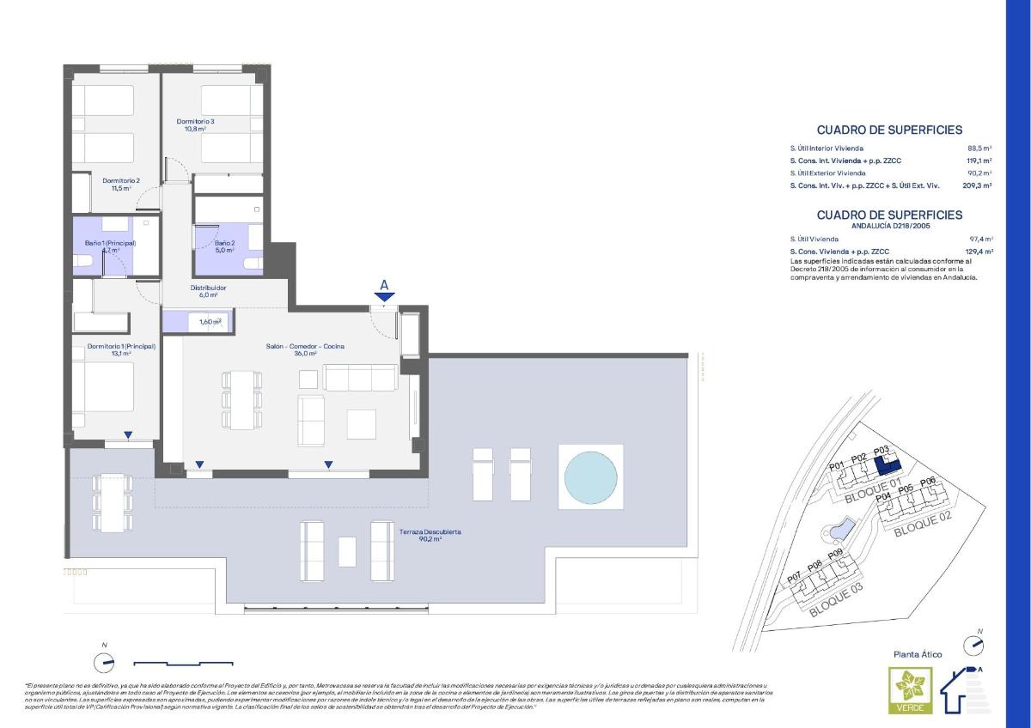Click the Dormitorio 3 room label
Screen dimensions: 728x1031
(195, 125)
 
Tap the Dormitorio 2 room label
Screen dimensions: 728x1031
(121, 185)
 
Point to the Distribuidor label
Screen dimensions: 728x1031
(208, 291)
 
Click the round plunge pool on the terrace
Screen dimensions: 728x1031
(590, 476)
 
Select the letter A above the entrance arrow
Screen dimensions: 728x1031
(384, 284)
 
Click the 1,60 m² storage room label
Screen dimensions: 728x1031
(210, 322)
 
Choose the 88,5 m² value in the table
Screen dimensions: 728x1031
(979, 148)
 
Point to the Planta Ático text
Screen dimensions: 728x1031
(918, 654)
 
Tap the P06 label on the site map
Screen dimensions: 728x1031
(927, 482)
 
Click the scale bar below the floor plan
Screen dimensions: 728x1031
(184, 663)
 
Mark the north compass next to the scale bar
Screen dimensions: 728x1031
(104, 662)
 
